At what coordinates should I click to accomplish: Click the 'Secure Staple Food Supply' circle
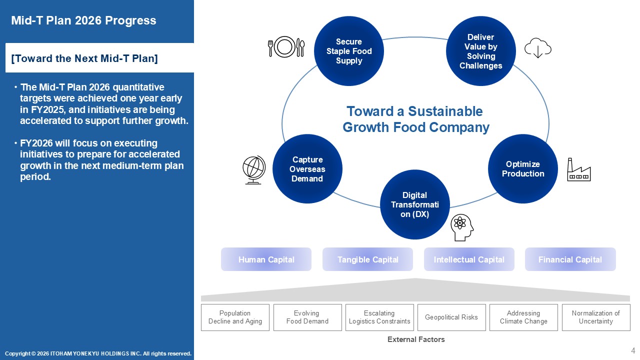(x=349, y=51)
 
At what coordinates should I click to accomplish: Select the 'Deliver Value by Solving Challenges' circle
(x=481, y=51)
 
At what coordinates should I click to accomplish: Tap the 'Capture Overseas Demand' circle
(x=307, y=169)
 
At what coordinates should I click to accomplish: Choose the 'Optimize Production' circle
(x=523, y=169)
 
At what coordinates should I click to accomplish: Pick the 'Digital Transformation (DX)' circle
(x=415, y=204)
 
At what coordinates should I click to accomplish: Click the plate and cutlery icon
(x=286, y=46)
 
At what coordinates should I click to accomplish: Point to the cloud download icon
(x=538, y=48)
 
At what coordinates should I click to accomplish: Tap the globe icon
(x=254, y=170)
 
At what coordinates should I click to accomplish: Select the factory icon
(x=579, y=169)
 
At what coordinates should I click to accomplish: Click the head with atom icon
(x=462, y=227)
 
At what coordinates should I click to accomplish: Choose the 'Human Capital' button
(x=266, y=259)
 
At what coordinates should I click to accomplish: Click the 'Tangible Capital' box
(x=367, y=259)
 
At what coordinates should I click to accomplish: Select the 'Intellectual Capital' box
(x=469, y=259)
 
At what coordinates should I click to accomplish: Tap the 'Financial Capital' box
(x=570, y=259)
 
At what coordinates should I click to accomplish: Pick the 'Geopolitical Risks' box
(x=451, y=317)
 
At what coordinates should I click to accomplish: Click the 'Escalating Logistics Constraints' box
(x=379, y=317)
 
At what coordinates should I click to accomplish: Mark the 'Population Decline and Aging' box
(x=235, y=317)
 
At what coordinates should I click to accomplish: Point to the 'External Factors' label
(x=416, y=339)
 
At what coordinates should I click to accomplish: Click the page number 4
(x=633, y=350)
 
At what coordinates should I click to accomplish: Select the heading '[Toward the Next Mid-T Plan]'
(x=84, y=58)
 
